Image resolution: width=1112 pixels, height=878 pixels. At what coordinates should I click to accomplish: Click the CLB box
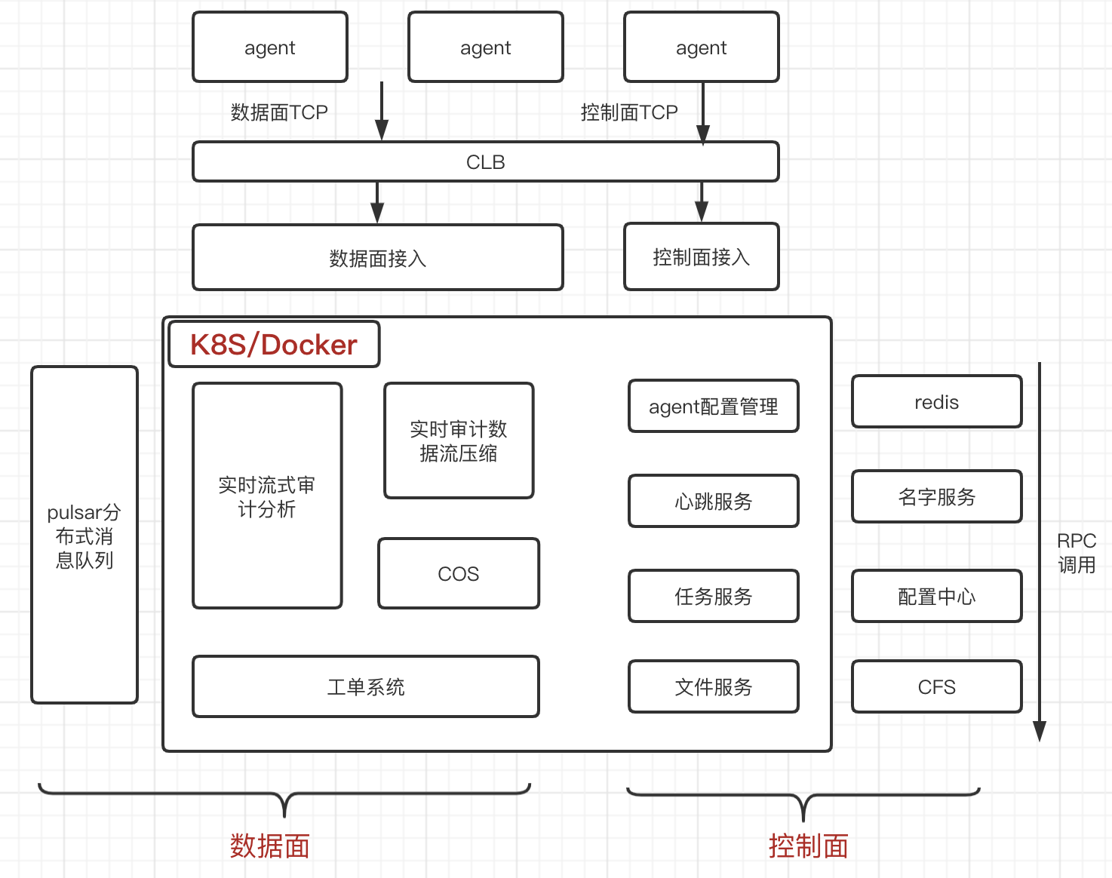(485, 161)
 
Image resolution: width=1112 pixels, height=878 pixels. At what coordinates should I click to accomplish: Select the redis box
(936, 402)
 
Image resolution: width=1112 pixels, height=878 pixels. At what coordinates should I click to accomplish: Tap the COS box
(458, 573)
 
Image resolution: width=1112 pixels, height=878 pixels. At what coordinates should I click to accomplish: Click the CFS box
(936, 686)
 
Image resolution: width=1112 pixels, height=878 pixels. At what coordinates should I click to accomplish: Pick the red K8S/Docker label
(274, 345)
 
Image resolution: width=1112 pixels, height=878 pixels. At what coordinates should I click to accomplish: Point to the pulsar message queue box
(84, 535)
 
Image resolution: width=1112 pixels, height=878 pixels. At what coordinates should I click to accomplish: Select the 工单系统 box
(366, 686)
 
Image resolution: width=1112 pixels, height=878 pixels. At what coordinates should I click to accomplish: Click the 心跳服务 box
(713, 501)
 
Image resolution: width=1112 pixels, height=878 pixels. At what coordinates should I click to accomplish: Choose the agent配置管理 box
(713, 407)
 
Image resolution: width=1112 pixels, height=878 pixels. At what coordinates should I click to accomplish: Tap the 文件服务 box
(713, 686)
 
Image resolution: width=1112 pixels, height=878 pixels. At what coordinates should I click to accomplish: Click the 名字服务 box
(936, 497)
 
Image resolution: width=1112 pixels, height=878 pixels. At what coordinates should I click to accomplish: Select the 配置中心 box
(936, 596)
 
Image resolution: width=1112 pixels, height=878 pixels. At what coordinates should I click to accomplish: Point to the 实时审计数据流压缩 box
(459, 441)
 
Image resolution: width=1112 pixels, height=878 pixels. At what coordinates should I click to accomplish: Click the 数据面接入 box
(377, 258)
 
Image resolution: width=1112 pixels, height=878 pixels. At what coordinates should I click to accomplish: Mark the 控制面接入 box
(701, 257)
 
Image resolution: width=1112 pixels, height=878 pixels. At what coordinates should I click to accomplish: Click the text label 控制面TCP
(629, 112)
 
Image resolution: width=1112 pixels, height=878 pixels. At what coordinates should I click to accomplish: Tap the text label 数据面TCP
(279, 112)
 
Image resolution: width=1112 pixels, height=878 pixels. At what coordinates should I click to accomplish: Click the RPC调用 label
(1077, 553)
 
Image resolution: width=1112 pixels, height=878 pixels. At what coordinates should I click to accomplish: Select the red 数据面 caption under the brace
(269, 846)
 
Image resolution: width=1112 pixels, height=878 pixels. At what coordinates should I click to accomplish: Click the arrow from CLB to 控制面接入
(702, 202)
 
